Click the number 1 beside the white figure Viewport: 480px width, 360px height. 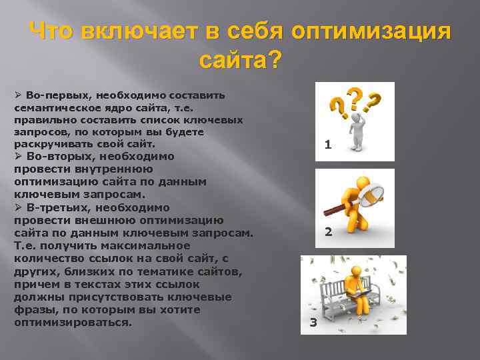[327, 145]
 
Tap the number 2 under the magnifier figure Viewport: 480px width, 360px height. [328, 232]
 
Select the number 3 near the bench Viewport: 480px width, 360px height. [313, 324]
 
